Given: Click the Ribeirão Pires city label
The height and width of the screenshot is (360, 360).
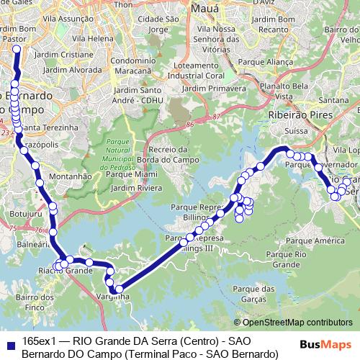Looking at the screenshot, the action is point(294,114).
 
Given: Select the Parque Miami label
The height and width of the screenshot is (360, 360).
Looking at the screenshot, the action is point(132,174).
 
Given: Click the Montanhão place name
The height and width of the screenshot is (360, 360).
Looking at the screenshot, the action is point(69,176).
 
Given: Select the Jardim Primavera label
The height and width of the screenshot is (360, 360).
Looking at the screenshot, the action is point(212,88).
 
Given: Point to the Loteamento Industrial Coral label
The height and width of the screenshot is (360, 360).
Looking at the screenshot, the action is point(213,69).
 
